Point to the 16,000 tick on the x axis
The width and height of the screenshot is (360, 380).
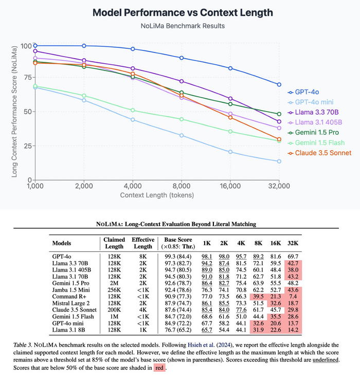click(230, 186)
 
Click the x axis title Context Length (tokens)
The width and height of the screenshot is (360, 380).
click(156, 195)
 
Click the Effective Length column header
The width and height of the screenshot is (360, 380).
click(143, 243)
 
